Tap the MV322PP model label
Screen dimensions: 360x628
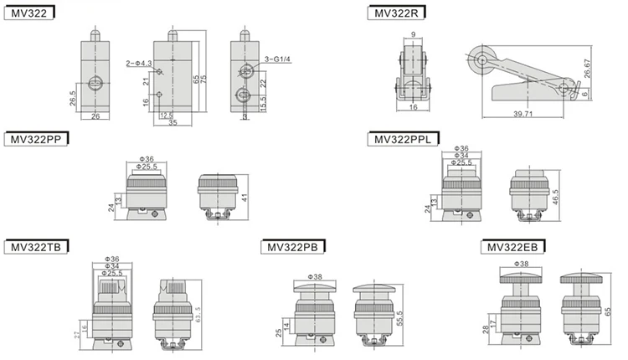click(34, 138)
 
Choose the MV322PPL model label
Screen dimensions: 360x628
click(403, 138)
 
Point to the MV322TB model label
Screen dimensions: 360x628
click(34, 247)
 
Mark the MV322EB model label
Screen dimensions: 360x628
click(512, 247)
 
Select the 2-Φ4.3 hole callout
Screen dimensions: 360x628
click(137, 64)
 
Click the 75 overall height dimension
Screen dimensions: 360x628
click(204, 77)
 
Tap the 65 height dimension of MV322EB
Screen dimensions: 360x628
click(607, 309)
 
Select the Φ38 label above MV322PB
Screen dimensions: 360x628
click(316, 276)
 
